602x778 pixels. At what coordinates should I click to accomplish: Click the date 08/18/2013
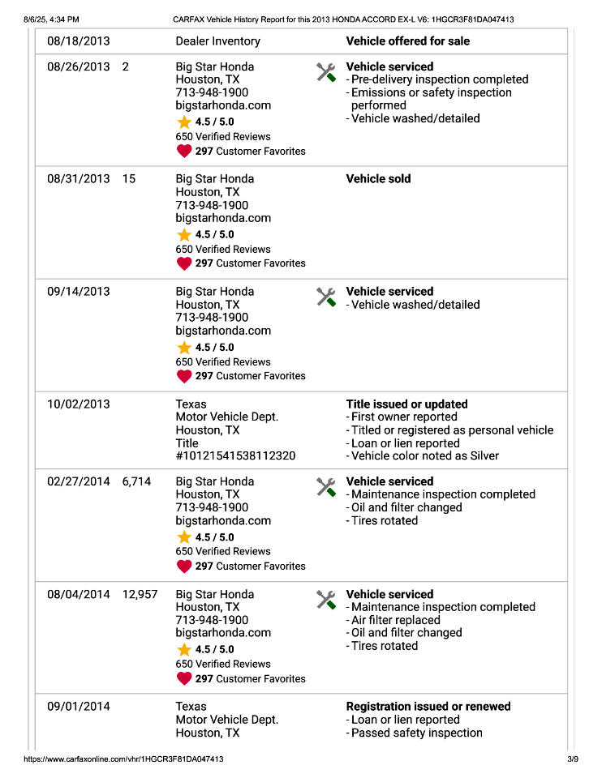[x=79, y=41]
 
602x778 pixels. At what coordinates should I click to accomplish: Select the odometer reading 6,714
[x=136, y=481]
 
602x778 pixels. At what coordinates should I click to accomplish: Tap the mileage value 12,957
[x=140, y=594]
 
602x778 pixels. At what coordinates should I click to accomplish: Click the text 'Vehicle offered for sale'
[x=407, y=41]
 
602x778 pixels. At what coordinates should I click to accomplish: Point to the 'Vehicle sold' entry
[x=378, y=178]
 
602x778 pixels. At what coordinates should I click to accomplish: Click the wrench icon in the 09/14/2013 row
[x=326, y=297]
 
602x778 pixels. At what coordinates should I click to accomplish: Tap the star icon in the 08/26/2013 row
[x=184, y=122]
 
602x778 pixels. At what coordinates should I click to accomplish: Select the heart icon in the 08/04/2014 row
[x=184, y=678]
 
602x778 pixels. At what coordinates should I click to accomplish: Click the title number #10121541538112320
[x=235, y=455]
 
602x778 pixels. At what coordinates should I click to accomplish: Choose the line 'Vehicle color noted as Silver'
[x=425, y=455]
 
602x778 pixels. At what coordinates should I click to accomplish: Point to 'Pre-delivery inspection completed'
[x=439, y=79]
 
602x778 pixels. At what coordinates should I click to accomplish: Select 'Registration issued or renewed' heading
[x=428, y=706]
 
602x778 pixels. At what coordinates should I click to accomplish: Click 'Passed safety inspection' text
[x=416, y=733]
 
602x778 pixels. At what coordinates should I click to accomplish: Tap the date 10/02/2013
[x=79, y=404]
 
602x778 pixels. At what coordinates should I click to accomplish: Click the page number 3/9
[x=573, y=759]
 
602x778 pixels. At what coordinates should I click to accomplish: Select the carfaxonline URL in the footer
[x=124, y=759]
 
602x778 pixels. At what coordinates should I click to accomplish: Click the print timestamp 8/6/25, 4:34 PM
[x=52, y=19]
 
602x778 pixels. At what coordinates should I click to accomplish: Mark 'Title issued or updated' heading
[x=406, y=404]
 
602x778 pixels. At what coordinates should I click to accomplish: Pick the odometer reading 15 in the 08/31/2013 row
[x=129, y=178]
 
